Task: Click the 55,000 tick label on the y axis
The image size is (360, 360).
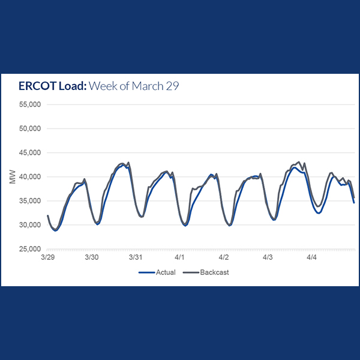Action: tap(29, 104)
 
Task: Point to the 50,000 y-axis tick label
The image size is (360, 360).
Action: tap(29, 128)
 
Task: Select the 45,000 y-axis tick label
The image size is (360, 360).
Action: tap(29, 152)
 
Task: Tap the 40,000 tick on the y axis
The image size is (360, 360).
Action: tap(29, 176)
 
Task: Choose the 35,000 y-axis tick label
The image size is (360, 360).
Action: tap(29, 200)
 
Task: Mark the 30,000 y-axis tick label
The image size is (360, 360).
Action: tap(29, 224)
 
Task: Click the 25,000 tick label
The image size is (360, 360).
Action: tap(29, 249)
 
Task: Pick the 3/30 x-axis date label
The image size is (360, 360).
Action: tap(91, 257)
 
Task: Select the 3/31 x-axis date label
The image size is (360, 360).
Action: tap(136, 257)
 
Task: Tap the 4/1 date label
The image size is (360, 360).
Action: tap(179, 257)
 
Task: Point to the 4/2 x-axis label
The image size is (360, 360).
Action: tap(224, 257)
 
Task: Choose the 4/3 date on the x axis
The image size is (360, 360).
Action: tap(268, 257)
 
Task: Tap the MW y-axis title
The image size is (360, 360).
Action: tap(13, 176)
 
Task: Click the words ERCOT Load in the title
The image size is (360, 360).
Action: tap(52, 86)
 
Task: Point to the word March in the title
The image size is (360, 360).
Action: tap(147, 86)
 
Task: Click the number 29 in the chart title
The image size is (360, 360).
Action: tap(172, 86)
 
